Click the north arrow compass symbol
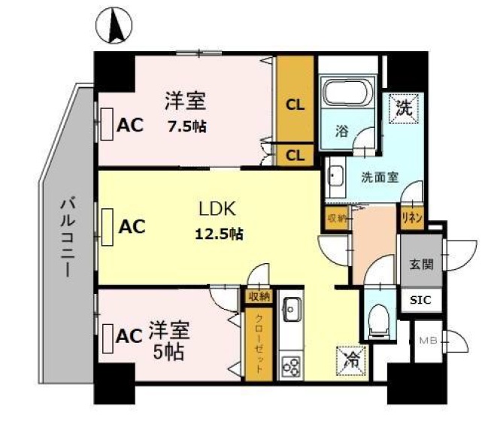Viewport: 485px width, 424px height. (114, 26)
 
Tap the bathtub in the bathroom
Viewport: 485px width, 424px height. (347, 92)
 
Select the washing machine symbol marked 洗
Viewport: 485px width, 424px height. (404, 108)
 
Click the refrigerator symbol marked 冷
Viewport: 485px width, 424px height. (351, 361)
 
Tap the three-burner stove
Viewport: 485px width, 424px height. (291, 367)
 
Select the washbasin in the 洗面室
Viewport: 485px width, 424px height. (336, 177)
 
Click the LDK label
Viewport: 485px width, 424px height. (217, 208)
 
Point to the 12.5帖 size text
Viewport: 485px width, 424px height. (219, 234)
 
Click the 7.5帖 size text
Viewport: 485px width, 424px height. (186, 126)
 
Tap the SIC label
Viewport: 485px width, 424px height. (420, 300)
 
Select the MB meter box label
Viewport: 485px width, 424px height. (428, 341)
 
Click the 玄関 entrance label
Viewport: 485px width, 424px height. (421, 265)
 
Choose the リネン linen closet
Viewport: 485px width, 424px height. (412, 218)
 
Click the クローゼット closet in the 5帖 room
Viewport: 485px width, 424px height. (259, 344)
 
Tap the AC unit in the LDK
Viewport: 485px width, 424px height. (107, 227)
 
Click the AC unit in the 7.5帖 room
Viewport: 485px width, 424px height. (107, 124)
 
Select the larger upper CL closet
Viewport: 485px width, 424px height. (295, 98)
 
